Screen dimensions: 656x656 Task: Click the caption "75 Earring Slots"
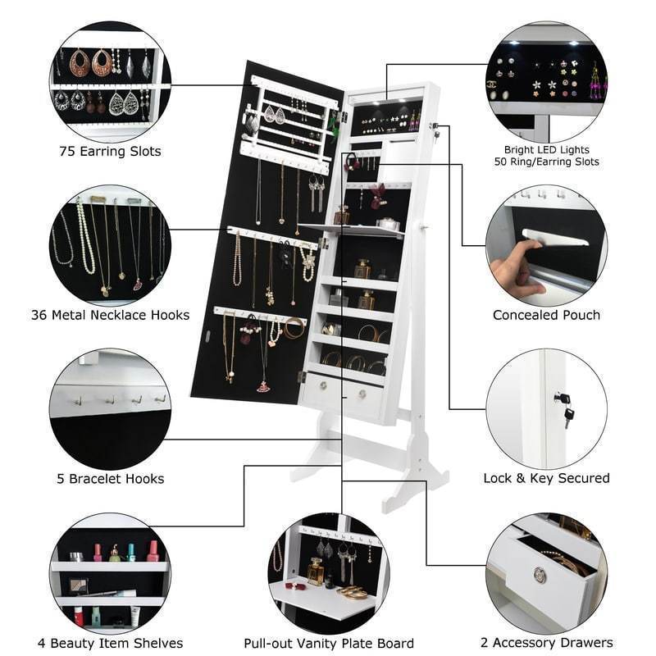click(x=110, y=152)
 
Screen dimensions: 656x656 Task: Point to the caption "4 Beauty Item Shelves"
click(x=110, y=643)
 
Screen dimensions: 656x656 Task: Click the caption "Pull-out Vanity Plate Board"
click(x=329, y=643)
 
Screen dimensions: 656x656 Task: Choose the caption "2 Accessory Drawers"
click(x=546, y=643)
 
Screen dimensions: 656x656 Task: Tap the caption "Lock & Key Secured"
click(x=546, y=478)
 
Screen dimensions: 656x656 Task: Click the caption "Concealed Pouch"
click(x=546, y=315)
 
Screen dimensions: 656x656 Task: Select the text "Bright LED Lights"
click(x=546, y=150)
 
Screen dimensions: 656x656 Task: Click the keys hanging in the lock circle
click(x=565, y=407)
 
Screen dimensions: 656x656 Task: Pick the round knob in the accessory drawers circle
click(x=540, y=575)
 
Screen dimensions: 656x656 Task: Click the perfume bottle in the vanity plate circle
click(x=316, y=571)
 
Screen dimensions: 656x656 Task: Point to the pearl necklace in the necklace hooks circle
click(x=84, y=238)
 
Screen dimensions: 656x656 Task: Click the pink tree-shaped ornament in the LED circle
click(x=594, y=83)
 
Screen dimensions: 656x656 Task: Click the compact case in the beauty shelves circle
click(x=79, y=585)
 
